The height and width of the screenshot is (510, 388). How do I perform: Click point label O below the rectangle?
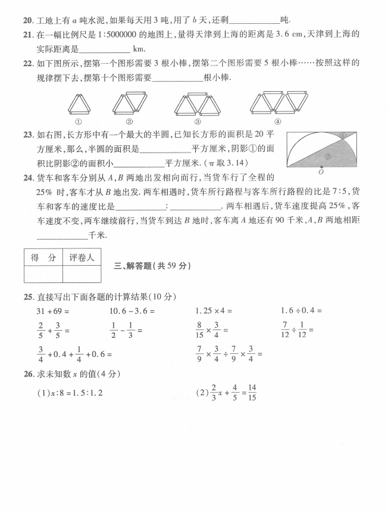pos(321,172)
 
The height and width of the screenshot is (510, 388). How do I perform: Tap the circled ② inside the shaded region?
pos(327,157)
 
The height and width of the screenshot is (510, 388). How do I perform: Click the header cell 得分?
pos(43,257)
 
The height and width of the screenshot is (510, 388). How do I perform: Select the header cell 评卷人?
pos(82,257)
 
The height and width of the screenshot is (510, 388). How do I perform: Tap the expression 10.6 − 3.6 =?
pos(132,310)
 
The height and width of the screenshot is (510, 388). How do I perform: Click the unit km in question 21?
pos(140,49)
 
